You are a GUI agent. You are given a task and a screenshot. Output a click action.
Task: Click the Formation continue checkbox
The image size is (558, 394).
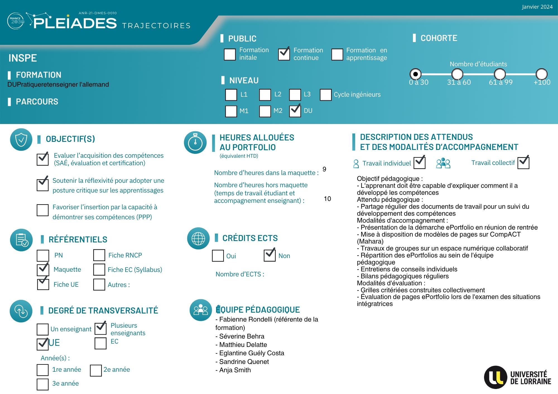point(284,54)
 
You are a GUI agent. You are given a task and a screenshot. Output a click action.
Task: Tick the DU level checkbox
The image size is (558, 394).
point(295,111)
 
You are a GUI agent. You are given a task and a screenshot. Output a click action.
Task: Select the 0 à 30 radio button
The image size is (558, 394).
point(415,74)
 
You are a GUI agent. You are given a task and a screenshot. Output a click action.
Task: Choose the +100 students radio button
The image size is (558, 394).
point(541,74)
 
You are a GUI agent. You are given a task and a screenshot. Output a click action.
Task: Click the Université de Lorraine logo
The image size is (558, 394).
point(518,377)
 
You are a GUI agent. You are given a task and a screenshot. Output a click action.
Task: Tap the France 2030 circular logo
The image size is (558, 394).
point(16,21)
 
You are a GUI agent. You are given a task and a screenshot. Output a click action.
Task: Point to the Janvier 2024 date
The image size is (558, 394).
point(537,7)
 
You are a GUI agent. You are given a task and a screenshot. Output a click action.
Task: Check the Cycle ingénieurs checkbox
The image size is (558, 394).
point(326,95)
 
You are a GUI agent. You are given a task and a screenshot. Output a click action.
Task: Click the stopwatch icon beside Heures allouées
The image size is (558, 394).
point(195,142)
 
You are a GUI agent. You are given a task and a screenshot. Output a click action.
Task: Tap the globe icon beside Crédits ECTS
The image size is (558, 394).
point(198,239)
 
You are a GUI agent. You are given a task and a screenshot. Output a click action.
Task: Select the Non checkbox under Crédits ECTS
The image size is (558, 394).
point(270,256)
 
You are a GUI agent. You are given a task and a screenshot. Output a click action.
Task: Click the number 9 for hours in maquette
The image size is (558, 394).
point(324,169)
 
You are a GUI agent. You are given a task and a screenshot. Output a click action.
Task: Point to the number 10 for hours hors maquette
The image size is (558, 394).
point(327,199)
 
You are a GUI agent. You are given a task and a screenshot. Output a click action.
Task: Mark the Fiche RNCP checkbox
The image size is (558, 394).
point(99,255)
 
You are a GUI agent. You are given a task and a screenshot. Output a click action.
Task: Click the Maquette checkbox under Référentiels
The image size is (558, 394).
point(43,270)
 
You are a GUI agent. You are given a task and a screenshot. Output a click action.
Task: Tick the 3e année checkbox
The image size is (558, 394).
point(43,384)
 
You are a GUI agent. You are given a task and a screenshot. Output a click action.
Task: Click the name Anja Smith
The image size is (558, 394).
point(235,370)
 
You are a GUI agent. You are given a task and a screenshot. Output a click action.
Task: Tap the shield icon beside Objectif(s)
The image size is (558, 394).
point(21,140)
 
